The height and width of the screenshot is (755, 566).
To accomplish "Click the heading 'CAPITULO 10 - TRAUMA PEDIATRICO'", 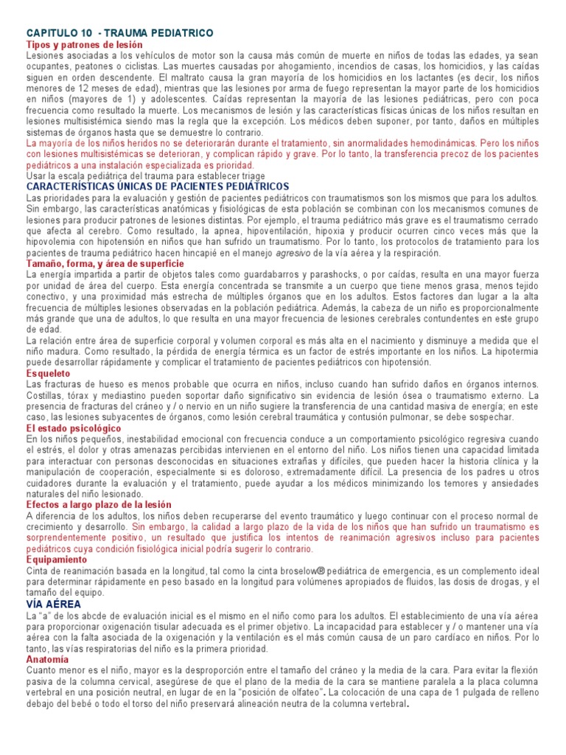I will pyautogui.click(x=119, y=33).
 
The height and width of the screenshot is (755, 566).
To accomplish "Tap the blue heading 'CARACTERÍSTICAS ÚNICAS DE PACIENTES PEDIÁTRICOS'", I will pyautogui.click(x=158, y=187).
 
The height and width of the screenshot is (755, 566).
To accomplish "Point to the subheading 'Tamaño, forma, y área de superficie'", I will pyautogui.click(x=105, y=263).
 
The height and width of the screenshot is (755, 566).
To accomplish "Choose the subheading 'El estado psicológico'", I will pyautogui.click(x=74, y=428).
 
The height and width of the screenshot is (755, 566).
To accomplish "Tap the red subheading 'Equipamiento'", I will pyautogui.click(x=56, y=560).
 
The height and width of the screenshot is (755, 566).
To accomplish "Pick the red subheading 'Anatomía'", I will pyautogui.click(x=47, y=658).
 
